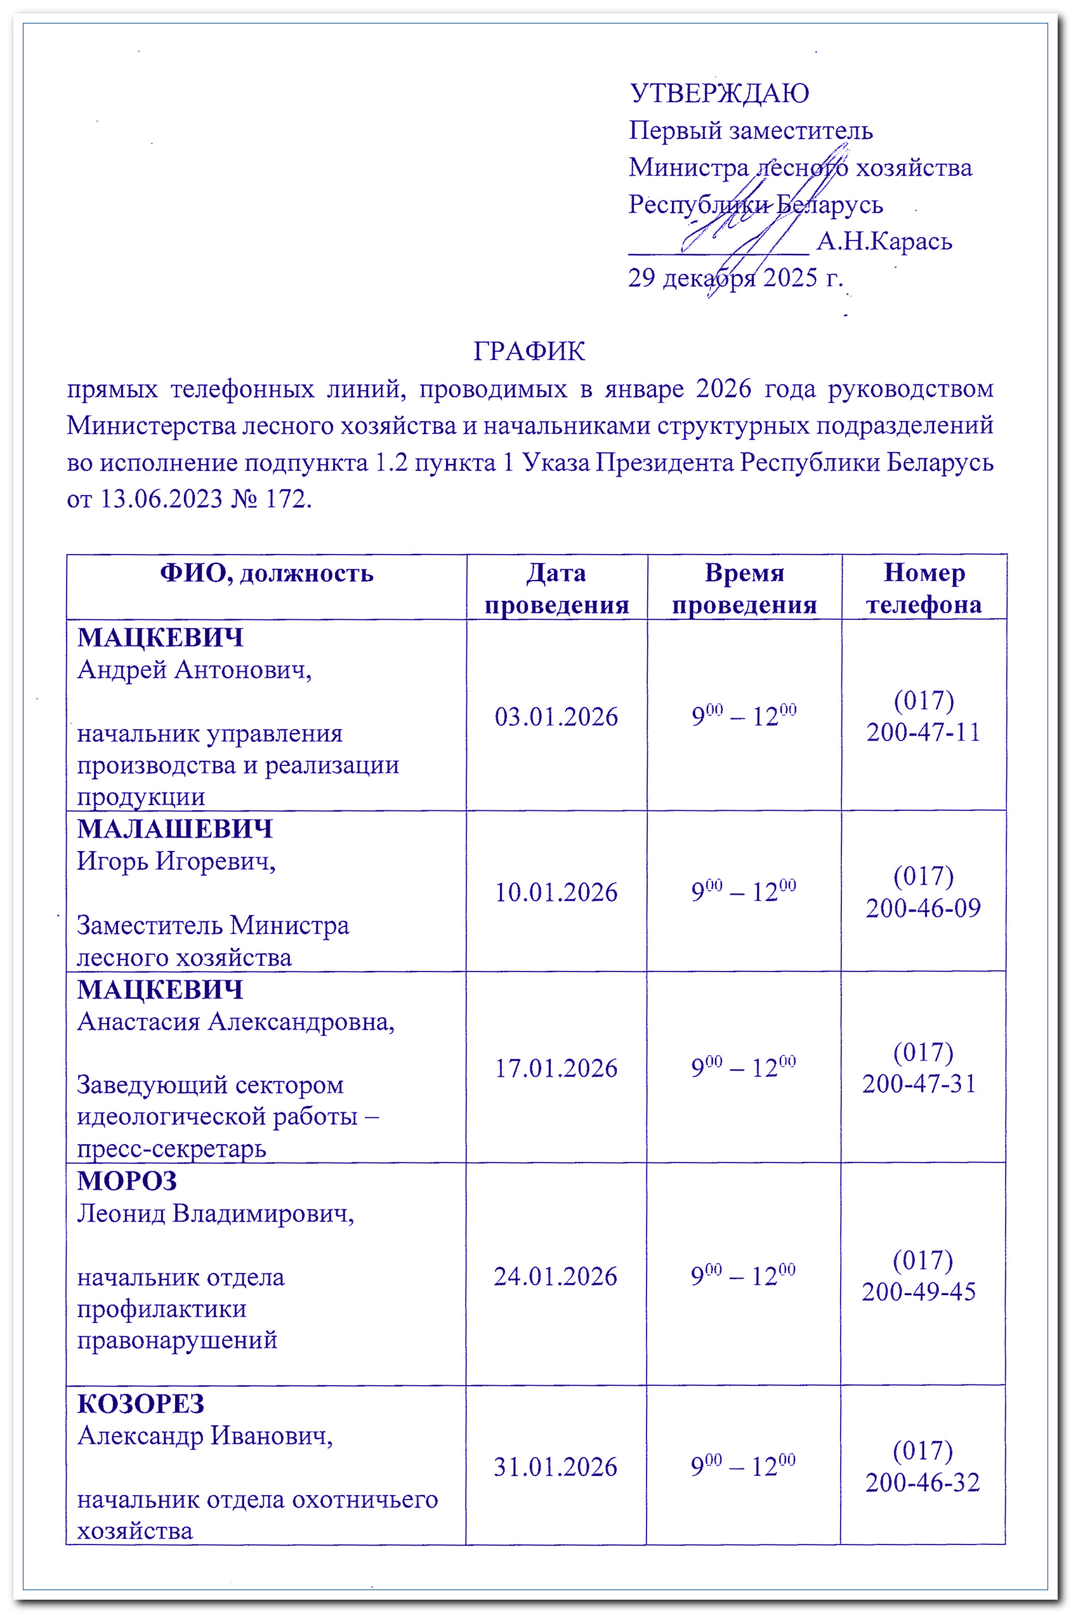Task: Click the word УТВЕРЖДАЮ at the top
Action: coord(719,93)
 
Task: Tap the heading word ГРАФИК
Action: coord(529,351)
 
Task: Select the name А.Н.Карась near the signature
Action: coord(884,241)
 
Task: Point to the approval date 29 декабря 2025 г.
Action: coord(735,277)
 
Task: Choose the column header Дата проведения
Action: coord(556,588)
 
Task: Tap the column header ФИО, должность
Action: coord(266,573)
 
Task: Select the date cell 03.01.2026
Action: coord(556,717)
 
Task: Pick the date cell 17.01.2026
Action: coord(556,1068)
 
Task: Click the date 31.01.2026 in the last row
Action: coord(555,1467)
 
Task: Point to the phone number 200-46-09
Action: coord(923,908)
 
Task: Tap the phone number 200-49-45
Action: coord(919,1291)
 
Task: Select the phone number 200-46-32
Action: coord(923,1482)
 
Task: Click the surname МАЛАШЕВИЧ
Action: coord(175,829)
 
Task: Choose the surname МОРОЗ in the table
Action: coord(127,1181)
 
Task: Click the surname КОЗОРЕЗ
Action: coord(141,1404)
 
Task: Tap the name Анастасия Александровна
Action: coord(235,1022)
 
